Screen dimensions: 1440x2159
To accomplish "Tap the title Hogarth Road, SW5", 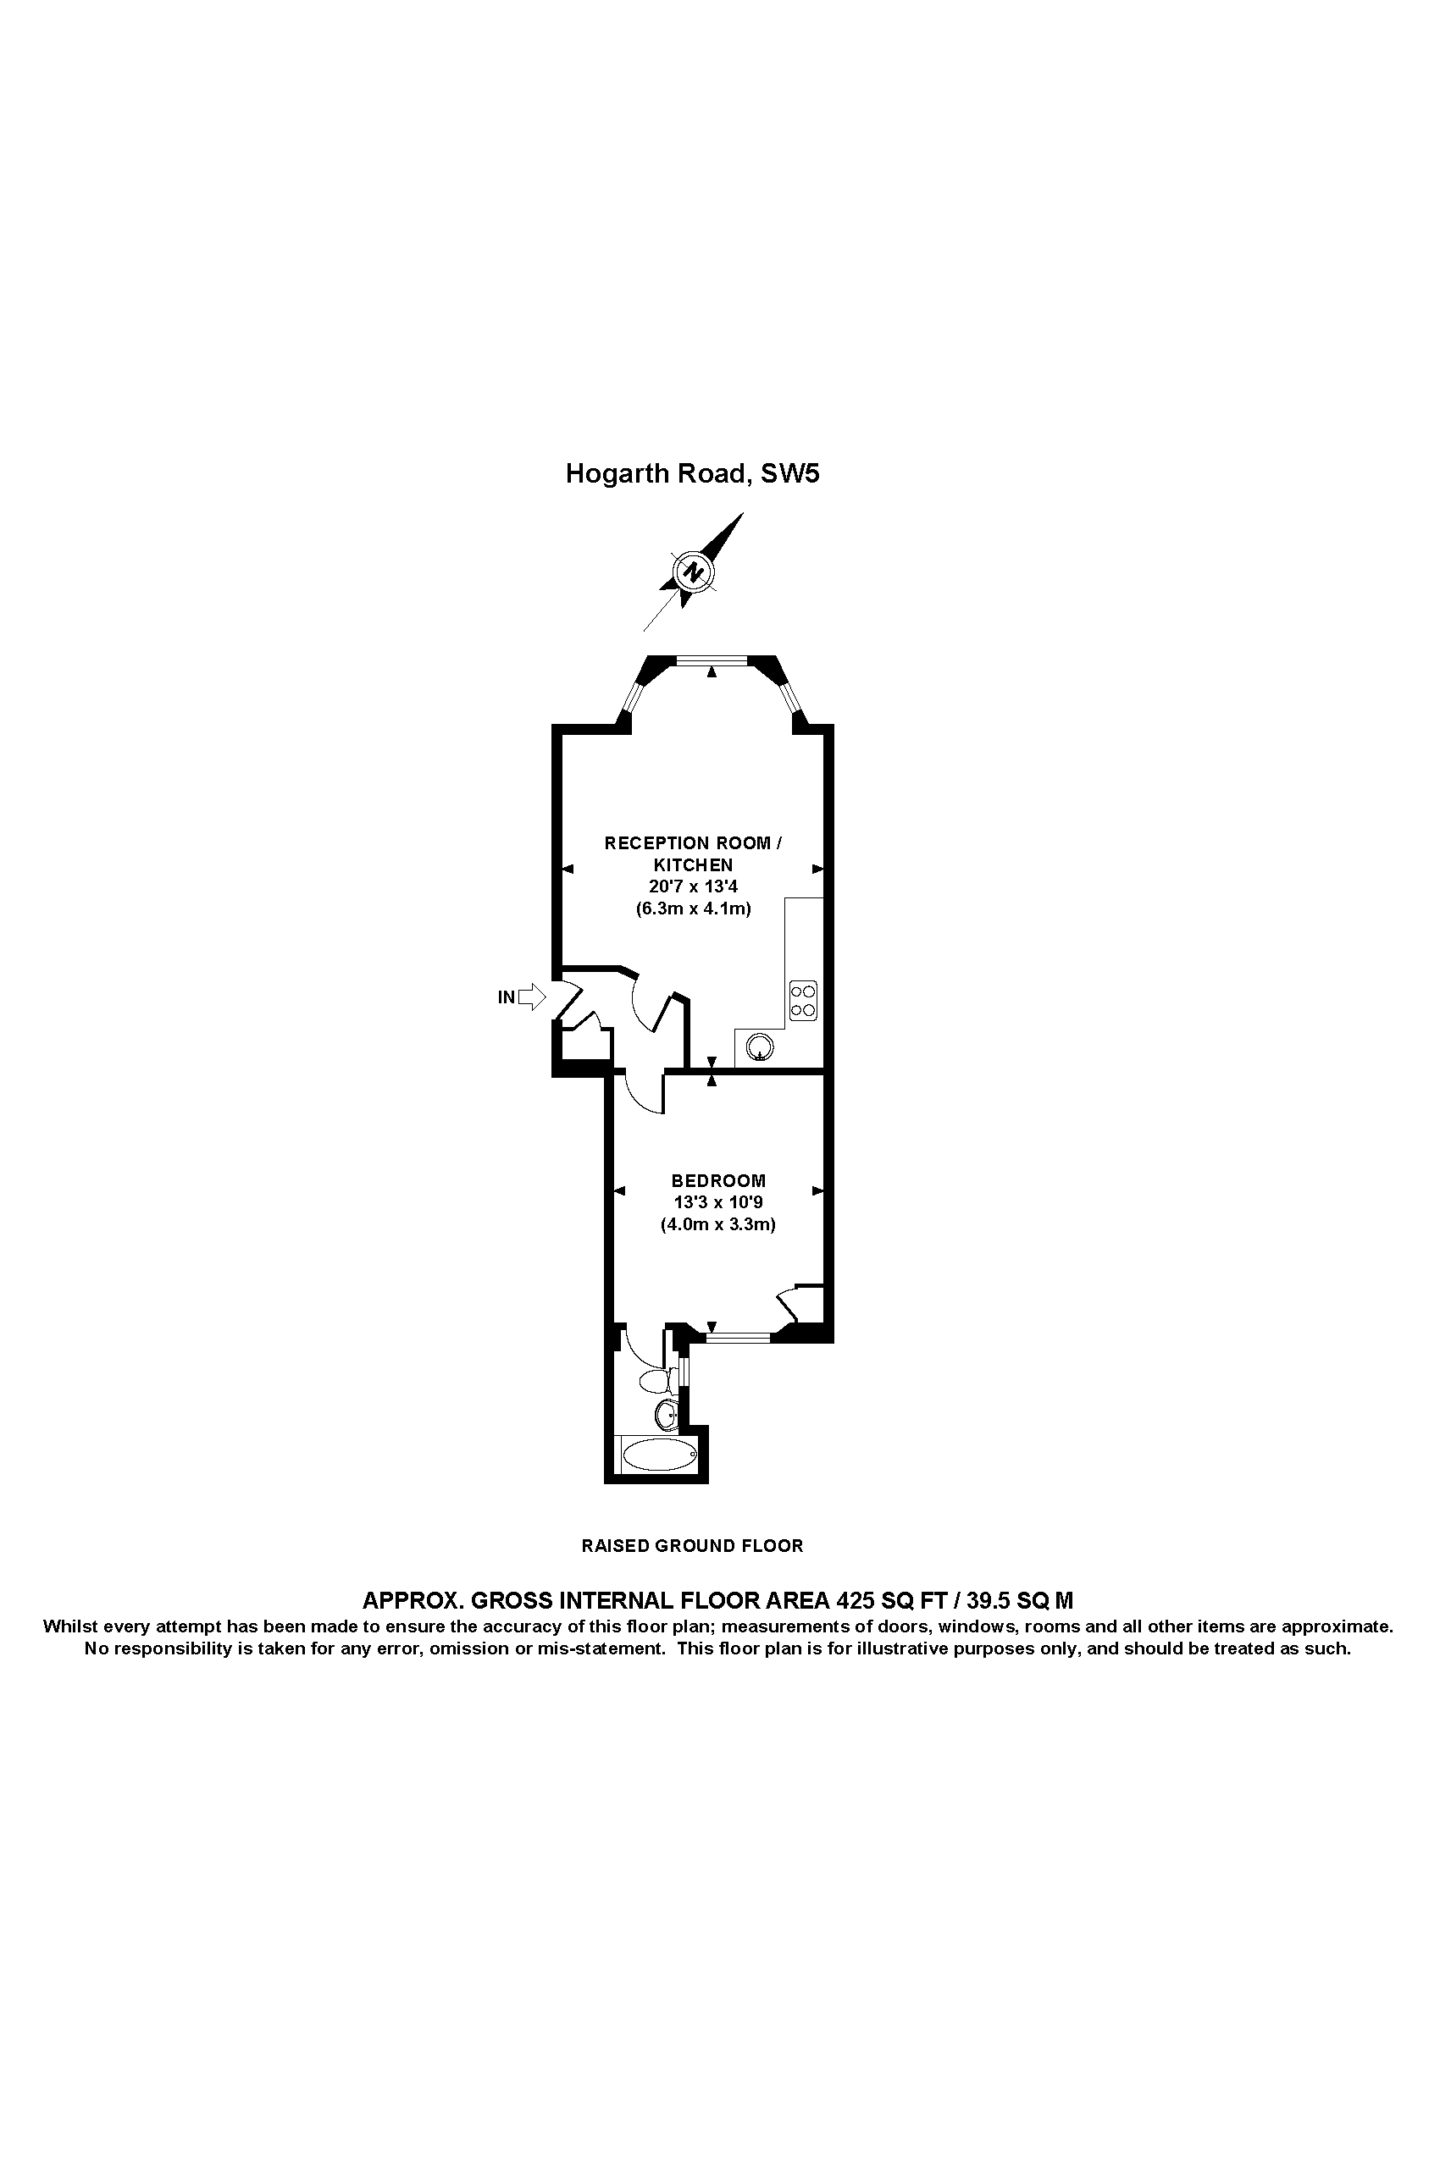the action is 692,473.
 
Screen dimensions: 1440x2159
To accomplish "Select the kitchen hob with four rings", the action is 803,1001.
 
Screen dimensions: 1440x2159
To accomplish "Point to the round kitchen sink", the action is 762,1046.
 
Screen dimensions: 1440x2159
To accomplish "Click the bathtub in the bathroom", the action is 659,1455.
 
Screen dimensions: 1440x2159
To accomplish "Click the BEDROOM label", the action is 718,1181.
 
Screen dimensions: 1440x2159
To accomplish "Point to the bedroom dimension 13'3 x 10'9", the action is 718,1202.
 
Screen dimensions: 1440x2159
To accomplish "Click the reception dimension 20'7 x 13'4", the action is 694,886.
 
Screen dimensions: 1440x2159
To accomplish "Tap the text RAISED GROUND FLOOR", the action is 692,1546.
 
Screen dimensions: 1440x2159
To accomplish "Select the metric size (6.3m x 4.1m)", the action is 694,909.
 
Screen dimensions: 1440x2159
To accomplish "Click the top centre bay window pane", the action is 712,658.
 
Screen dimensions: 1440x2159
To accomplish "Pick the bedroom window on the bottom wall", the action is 737,1339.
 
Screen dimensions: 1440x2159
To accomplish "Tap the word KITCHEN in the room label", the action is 694,864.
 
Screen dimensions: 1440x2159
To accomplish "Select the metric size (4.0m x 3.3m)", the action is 718,1224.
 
